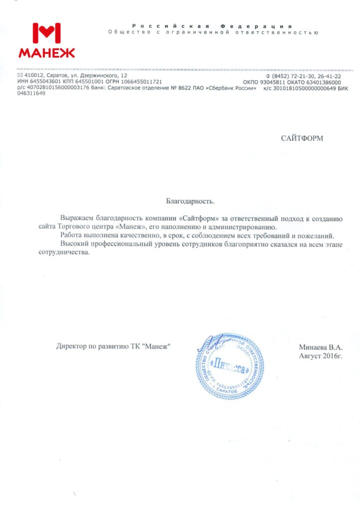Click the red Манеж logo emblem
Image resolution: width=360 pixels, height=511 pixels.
tap(46, 32)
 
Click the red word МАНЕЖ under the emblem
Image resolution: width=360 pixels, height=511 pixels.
tap(46, 52)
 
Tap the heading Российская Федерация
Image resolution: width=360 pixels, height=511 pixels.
tap(212, 25)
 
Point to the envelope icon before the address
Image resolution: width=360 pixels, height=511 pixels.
tap(20, 75)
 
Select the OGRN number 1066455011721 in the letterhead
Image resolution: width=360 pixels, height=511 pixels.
tap(142, 81)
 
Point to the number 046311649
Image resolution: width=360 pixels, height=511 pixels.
tap(31, 93)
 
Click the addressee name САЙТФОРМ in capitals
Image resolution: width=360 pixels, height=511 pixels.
tap(302, 138)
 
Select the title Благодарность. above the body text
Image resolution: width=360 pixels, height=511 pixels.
tap(190, 202)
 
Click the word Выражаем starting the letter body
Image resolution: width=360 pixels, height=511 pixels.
tap(76, 219)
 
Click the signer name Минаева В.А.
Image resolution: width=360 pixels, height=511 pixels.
tap(321, 346)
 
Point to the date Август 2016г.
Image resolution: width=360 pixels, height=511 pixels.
tap(321, 355)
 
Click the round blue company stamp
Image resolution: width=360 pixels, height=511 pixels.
tap(228, 366)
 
